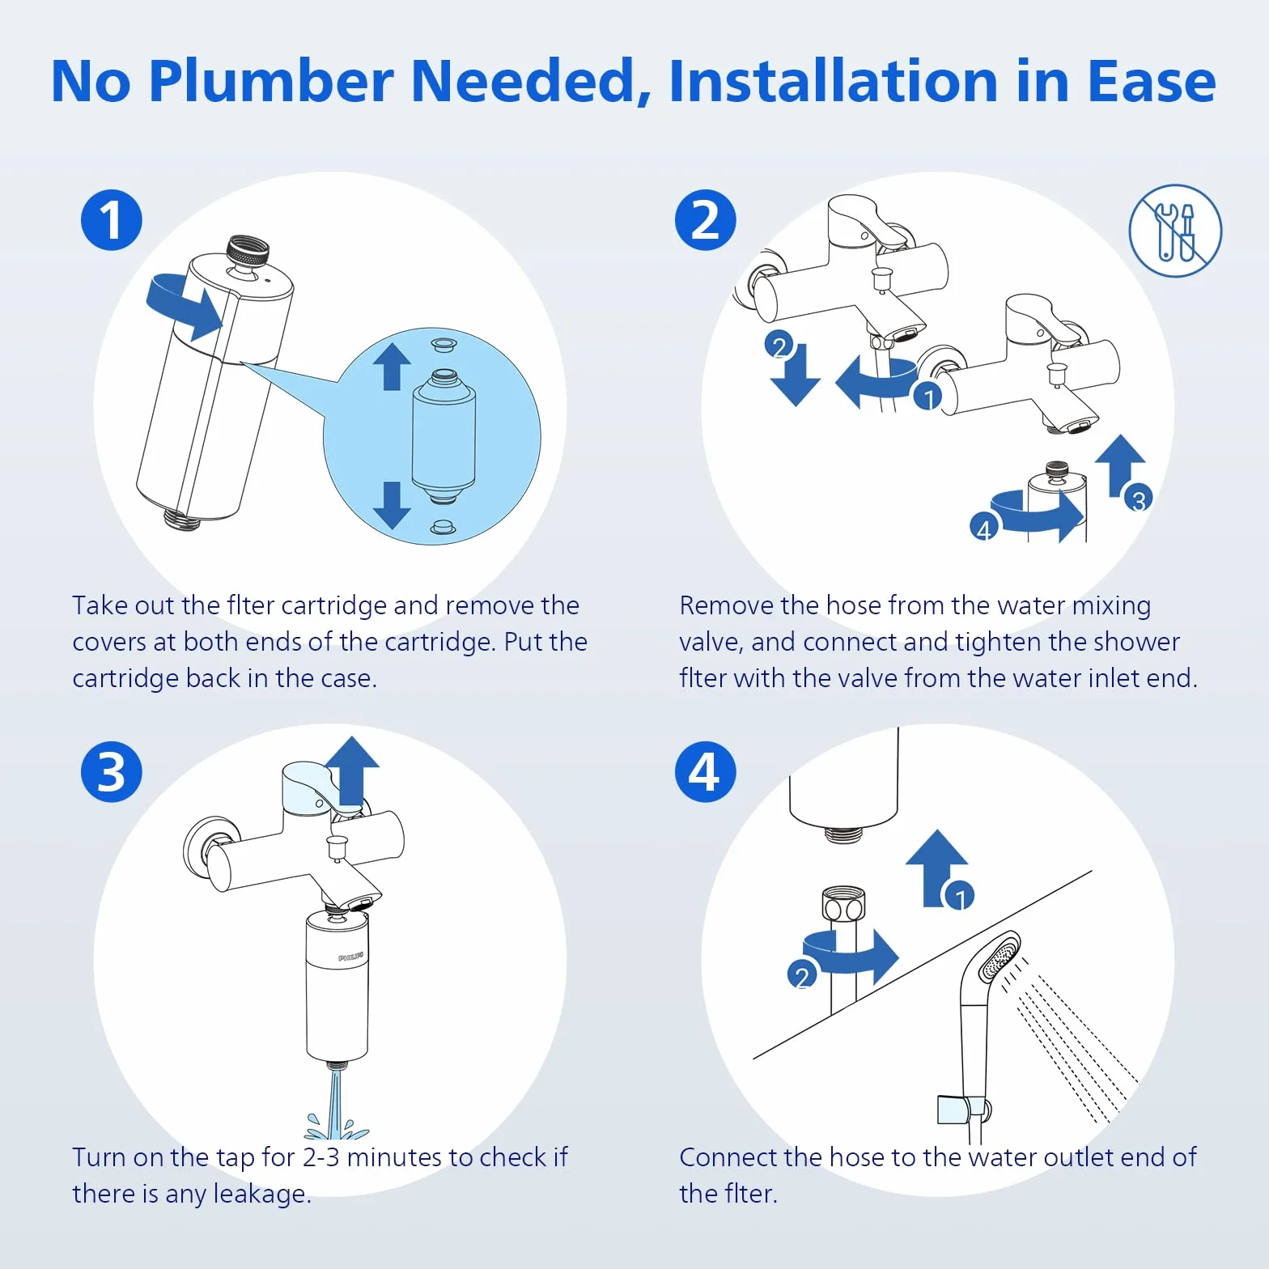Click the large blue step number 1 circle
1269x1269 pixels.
pos(112,220)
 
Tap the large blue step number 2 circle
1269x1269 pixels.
pos(706,220)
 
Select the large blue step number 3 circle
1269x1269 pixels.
pos(112,772)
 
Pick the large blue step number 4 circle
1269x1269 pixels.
pos(706,772)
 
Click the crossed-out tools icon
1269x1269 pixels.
pos(1175,231)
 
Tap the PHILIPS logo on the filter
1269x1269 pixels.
pos(350,957)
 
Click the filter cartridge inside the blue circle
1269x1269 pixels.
pos(444,437)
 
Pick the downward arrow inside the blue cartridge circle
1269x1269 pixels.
pos(392,505)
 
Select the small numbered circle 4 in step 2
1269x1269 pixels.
pos(983,528)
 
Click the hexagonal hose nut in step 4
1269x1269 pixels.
pos(843,905)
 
